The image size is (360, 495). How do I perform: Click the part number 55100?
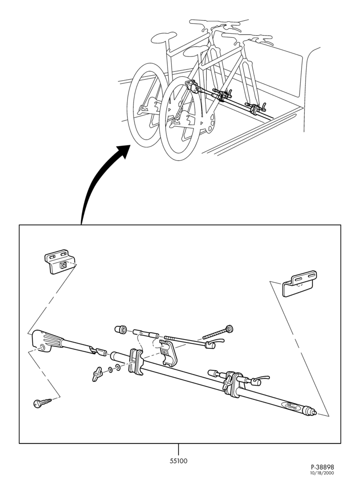(179, 461)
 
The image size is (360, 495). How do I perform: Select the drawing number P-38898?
(322, 467)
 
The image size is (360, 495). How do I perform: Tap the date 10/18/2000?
(322, 473)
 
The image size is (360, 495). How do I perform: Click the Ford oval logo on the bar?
(292, 406)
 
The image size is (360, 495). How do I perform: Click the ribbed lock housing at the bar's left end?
(47, 342)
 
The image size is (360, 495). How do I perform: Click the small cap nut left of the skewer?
(121, 330)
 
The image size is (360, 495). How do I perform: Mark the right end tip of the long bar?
(315, 413)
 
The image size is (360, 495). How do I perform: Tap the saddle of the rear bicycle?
(164, 37)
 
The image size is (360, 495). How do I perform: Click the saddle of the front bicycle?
(196, 51)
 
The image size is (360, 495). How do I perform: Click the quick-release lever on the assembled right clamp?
(261, 378)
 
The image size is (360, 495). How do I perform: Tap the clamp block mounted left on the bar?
(136, 362)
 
